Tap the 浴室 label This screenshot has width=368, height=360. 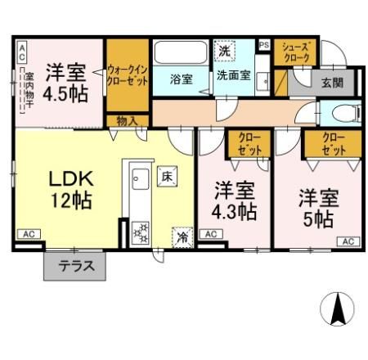tap(181, 79)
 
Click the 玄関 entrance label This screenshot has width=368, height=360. tap(331, 83)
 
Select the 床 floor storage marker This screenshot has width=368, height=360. tap(166, 176)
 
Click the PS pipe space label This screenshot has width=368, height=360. tap(264, 45)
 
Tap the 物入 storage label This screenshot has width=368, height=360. tap(127, 121)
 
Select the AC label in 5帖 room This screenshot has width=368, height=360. tap(346, 241)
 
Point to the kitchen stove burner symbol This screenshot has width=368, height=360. tap(140, 232)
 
